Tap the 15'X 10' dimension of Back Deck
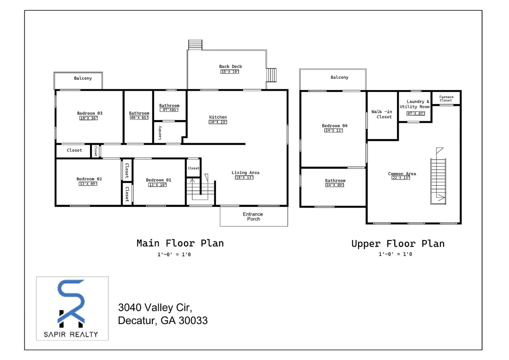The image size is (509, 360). (230, 72)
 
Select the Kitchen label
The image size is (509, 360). (218, 117)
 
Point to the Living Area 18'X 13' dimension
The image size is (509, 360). (244, 178)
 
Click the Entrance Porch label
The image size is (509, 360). (253, 216)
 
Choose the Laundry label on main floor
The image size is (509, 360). (160, 132)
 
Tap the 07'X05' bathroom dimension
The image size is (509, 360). (169, 110)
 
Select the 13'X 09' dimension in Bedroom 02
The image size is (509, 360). (88, 184)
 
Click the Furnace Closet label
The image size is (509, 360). (446, 98)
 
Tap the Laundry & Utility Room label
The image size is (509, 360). (415, 104)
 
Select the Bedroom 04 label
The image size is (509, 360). (335, 126)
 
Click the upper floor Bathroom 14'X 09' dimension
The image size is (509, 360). (335, 185)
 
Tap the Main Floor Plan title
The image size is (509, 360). (180, 243)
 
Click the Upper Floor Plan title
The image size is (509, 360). (397, 244)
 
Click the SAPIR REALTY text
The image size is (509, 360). (72, 334)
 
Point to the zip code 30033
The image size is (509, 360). (194, 321)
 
